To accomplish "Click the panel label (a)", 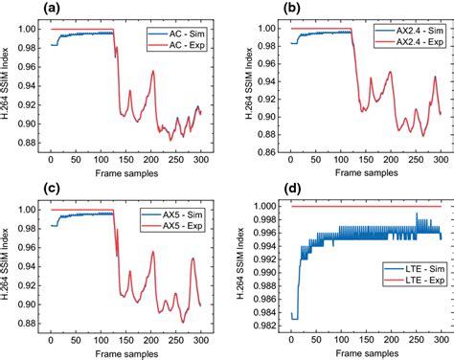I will [x=14, y=9].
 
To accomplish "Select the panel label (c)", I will [x=14, y=188].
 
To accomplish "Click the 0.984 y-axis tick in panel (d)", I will [x=267, y=314].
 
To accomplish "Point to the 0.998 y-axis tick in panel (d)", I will [x=267, y=219].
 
